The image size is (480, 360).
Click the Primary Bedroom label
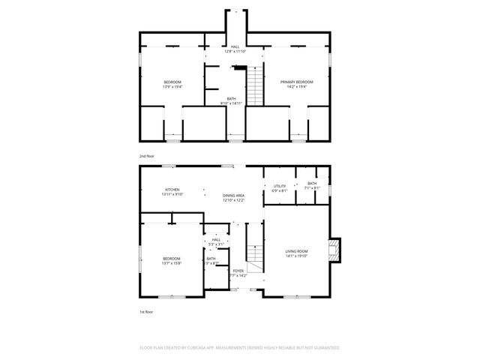point(297,81)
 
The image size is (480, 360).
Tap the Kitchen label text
point(172,190)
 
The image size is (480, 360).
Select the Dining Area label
point(233,195)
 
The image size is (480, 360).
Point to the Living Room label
point(296,251)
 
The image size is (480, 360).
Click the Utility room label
point(279,185)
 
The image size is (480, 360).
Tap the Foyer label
point(238,271)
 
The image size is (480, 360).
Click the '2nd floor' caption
point(146,156)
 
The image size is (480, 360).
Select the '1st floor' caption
point(146,311)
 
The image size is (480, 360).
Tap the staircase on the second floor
point(256,86)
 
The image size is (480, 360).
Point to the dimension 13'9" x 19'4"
point(172,87)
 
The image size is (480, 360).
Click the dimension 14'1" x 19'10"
point(296,256)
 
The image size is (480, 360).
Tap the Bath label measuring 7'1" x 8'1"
point(311,183)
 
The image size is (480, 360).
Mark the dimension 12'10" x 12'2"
point(233,200)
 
